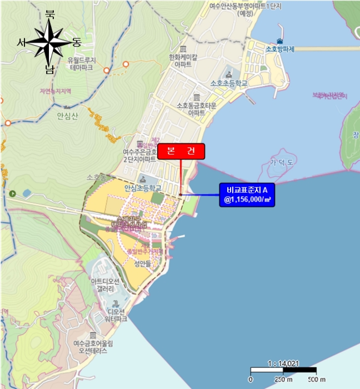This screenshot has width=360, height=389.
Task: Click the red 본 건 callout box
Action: (x=181, y=152)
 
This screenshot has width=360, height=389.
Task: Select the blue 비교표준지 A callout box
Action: (x=248, y=195)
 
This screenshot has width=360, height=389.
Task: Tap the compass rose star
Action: (x=49, y=43)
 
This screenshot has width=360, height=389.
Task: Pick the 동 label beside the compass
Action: (x=77, y=42)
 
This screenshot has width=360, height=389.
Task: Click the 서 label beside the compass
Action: (x=22, y=42)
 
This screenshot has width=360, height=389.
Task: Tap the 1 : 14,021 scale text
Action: (x=283, y=363)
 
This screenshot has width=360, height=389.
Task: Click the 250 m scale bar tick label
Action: (x=284, y=380)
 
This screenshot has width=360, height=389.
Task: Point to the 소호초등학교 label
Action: (x=228, y=83)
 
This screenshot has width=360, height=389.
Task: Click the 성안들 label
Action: (x=143, y=265)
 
